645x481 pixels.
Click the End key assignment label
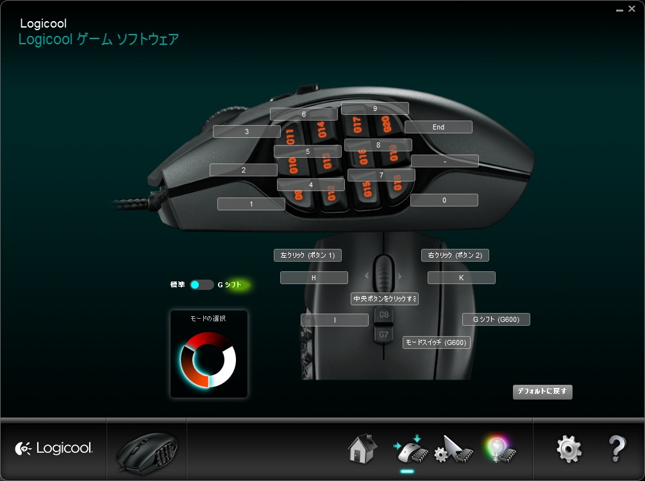439,127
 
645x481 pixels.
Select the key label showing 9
375,108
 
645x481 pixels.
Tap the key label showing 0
444,200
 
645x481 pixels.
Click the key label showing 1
251,204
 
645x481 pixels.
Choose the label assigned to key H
314,278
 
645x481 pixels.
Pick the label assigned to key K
462,278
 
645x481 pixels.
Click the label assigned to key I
335,320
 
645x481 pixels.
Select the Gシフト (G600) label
496,319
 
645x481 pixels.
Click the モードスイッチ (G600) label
437,342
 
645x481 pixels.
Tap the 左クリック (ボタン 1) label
308,255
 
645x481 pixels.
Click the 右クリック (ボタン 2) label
455,255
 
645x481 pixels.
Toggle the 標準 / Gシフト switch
201,285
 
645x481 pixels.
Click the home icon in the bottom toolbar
362,448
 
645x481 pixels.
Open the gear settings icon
569,449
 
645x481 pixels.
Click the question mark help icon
616,449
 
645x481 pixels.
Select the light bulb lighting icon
500,449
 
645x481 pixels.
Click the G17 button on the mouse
358,124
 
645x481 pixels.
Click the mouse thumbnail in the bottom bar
146,450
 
